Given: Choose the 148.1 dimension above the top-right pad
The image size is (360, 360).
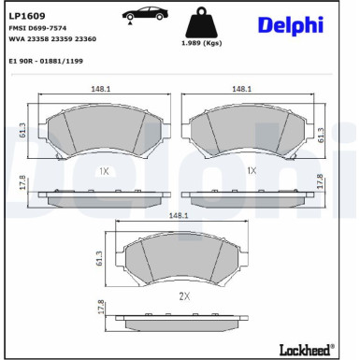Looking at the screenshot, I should [x=241, y=89].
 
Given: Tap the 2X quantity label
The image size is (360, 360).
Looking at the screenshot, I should [x=183, y=296].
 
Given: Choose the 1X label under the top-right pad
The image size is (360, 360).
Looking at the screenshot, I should [x=251, y=171].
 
